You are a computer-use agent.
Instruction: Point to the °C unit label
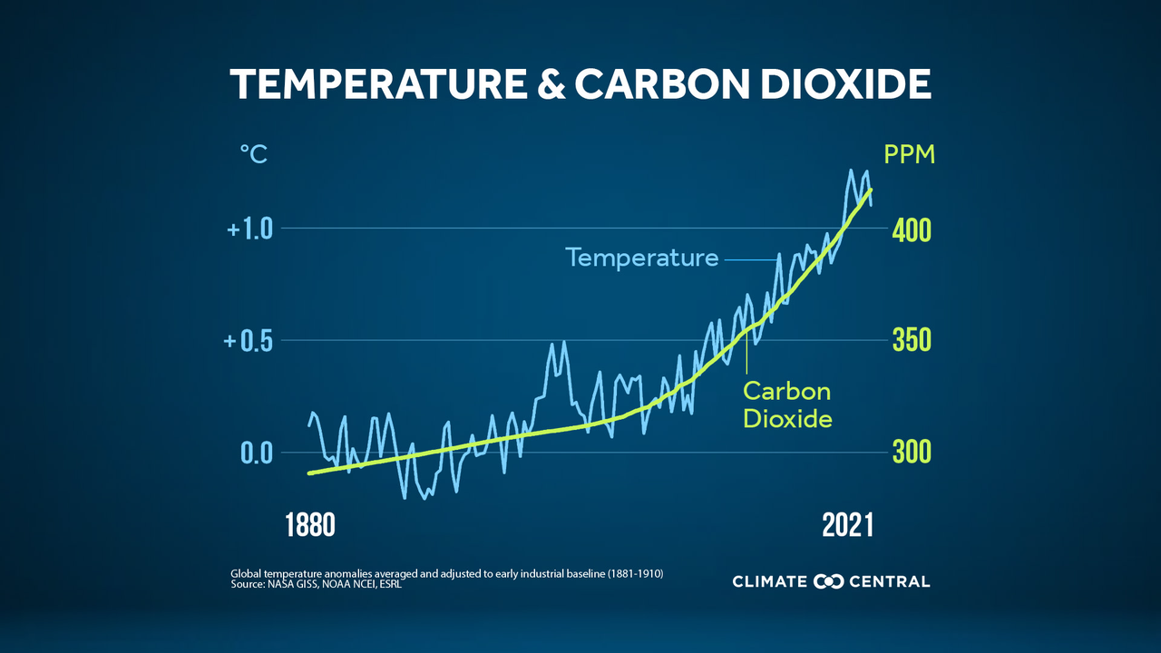(253, 155)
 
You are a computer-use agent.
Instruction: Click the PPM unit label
(909, 155)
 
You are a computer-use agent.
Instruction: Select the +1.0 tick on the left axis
(249, 229)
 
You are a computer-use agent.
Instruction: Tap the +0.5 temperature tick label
(249, 341)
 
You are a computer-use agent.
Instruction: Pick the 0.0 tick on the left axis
(257, 453)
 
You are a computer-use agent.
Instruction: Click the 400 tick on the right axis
(912, 230)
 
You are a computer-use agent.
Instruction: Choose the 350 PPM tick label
(912, 342)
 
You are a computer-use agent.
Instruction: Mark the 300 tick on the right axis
(912, 453)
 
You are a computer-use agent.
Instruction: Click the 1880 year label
(310, 525)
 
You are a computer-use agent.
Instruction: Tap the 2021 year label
(847, 525)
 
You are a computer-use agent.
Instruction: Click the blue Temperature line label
(642, 258)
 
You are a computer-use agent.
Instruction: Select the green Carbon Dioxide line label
(787, 405)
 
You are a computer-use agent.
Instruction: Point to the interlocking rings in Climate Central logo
(829, 581)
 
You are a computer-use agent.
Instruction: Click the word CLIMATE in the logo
(771, 581)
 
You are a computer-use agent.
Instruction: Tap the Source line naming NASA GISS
(317, 586)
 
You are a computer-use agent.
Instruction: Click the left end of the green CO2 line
(310, 473)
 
